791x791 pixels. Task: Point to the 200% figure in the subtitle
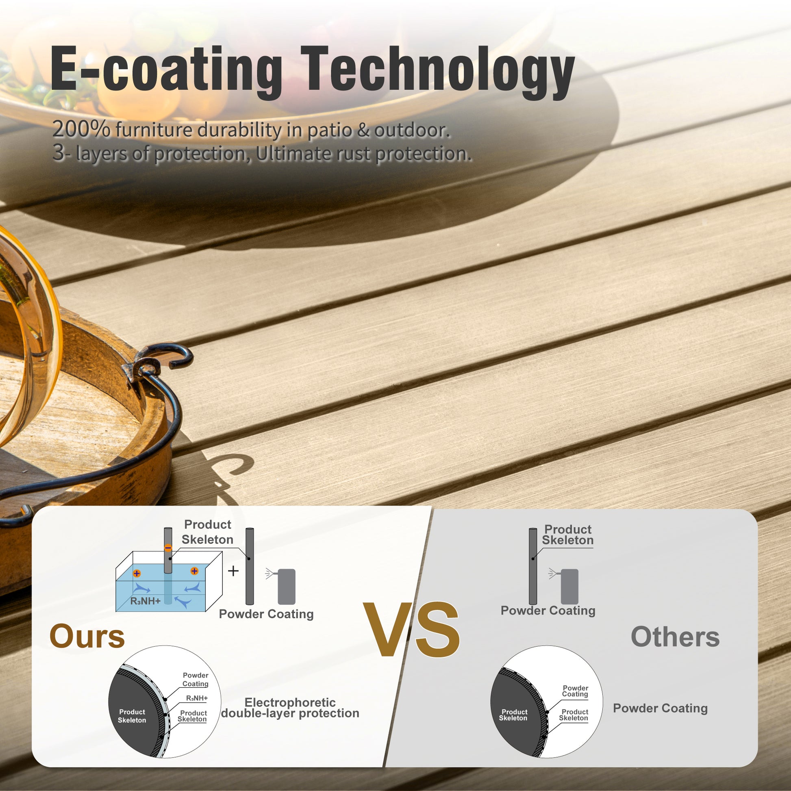[x=81, y=130]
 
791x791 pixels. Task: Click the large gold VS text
[x=411, y=629]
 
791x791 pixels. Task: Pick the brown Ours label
[x=87, y=636]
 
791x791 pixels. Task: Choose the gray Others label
[x=675, y=637]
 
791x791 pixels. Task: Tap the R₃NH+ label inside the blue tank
[x=146, y=601]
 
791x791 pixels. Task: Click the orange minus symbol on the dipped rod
[x=168, y=548]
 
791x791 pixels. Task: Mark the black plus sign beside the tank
[x=233, y=571]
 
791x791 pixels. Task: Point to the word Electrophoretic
[x=290, y=702]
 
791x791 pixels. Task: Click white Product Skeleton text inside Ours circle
[x=132, y=716]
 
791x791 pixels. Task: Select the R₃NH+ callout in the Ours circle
[x=197, y=698]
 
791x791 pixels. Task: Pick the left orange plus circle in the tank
[x=137, y=573]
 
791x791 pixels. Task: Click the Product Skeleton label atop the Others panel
[x=567, y=535]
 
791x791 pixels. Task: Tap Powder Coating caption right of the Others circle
[x=660, y=708]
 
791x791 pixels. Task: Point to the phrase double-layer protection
[x=290, y=713]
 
